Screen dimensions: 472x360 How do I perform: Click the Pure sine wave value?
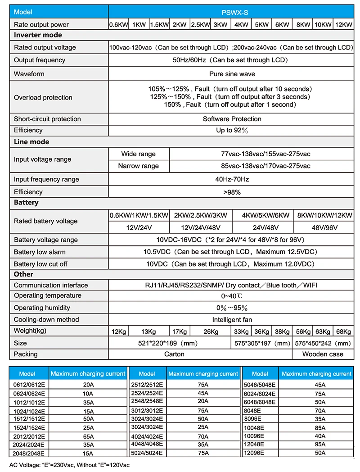tap(232, 74)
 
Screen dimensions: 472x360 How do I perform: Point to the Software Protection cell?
tap(232, 119)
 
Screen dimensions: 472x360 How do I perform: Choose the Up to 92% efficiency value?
tap(232, 130)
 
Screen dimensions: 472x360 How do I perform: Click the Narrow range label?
tap(138, 166)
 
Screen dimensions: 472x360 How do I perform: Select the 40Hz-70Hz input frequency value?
tap(232, 179)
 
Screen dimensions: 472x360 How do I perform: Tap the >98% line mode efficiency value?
tap(232, 192)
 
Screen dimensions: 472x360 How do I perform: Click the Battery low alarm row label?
tap(40, 252)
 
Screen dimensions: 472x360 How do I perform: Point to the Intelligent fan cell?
tap(232, 320)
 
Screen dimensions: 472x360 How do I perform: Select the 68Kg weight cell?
tap(343, 331)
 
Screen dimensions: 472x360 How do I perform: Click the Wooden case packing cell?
tap(323, 354)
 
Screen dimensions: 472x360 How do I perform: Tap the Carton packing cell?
tap(174, 354)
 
